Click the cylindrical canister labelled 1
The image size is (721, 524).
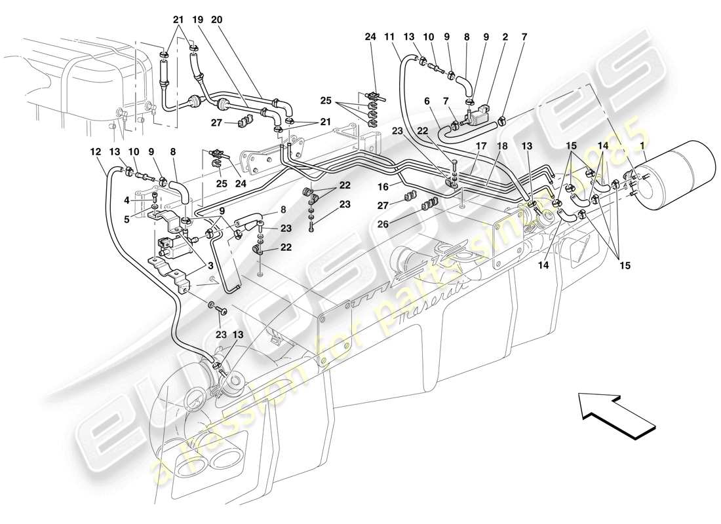coord(675,176)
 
